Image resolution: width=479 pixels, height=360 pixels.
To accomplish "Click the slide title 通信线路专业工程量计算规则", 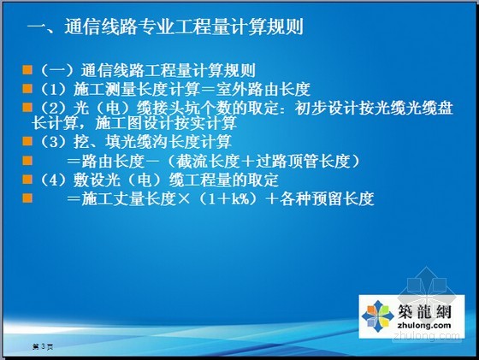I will point(185,27).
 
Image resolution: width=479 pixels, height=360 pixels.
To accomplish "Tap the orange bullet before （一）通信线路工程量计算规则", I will point(27,69).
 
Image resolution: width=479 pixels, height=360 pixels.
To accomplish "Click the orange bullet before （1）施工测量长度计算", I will point(27,89).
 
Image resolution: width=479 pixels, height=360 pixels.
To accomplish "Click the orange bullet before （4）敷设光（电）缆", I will point(27,180).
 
